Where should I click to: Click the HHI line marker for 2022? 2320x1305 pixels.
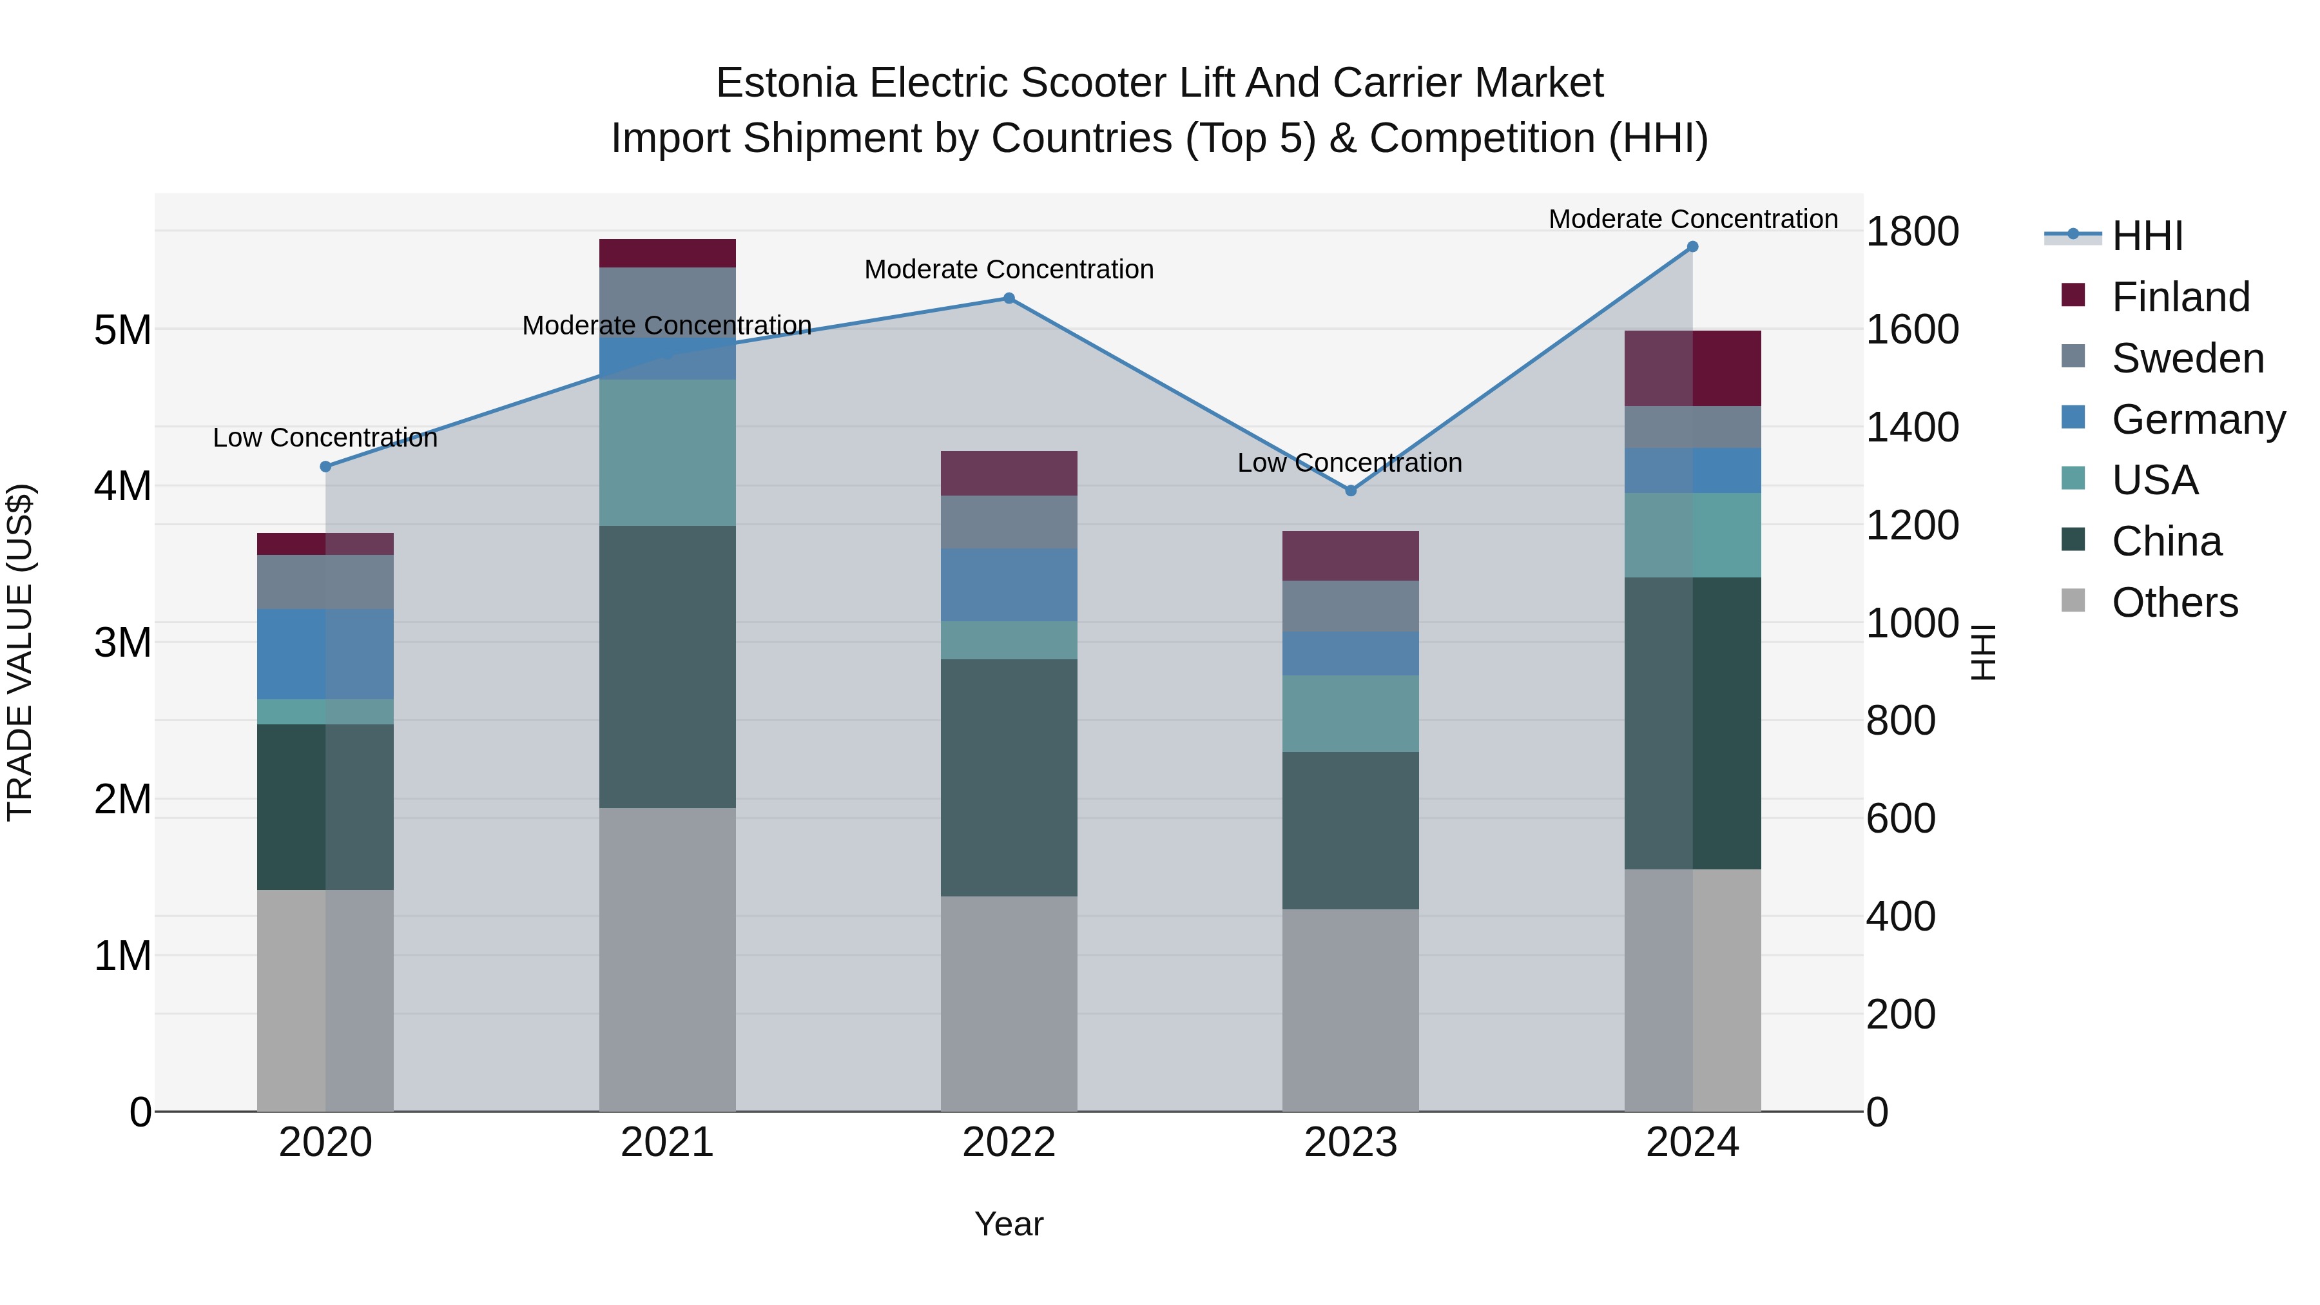click(x=1009, y=298)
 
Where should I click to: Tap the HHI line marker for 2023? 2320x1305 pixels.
click(x=1350, y=491)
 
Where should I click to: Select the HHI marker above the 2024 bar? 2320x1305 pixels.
click(x=1692, y=247)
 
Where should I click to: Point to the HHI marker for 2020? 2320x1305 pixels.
click(x=326, y=467)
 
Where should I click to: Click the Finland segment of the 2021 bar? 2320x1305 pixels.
click(x=668, y=253)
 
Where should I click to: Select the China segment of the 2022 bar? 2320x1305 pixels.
click(x=1009, y=777)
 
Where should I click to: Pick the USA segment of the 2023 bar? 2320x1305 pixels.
click(x=1350, y=713)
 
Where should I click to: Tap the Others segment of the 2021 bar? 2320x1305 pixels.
click(x=668, y=959)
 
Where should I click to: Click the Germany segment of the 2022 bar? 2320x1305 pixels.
click(x=1009, y=585)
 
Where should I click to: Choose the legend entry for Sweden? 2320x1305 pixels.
click(x=2187, y=358)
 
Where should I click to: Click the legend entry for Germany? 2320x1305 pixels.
click(x=2198, y=420)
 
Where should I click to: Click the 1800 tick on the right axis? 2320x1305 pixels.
click(x=1911, y=231)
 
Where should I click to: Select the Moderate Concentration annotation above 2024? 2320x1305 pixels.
click(x=1692, y=219)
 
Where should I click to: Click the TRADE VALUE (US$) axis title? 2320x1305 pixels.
click(x=20, y=652)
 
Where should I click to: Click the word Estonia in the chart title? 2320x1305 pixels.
click(x=786, y=83)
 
